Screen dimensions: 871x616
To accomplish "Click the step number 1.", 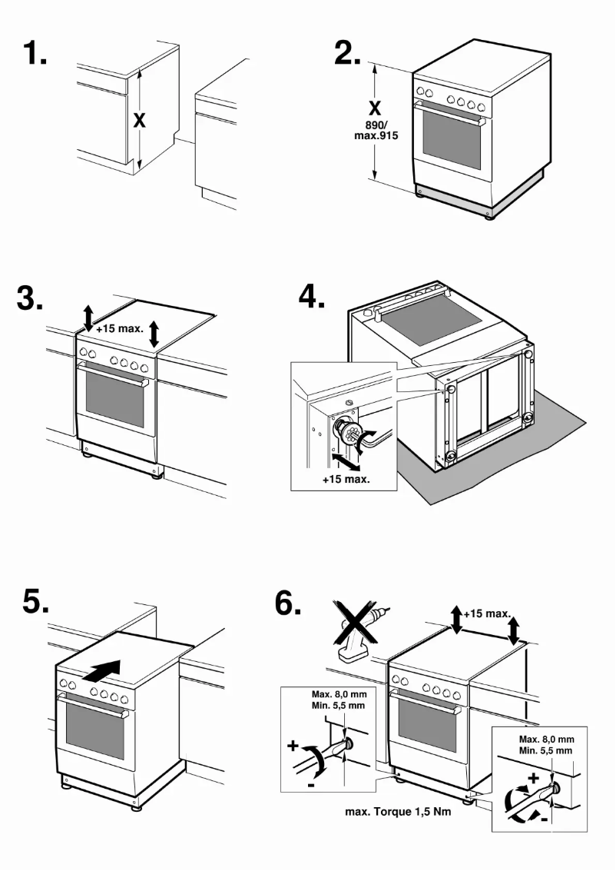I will tap(35, 53).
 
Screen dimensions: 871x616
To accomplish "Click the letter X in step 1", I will tap(139, 121).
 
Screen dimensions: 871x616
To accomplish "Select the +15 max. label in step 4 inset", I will tap(345, 477).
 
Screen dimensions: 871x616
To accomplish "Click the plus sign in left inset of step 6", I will tap(293, 746).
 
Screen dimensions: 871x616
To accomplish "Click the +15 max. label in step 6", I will tap(487, 613).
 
